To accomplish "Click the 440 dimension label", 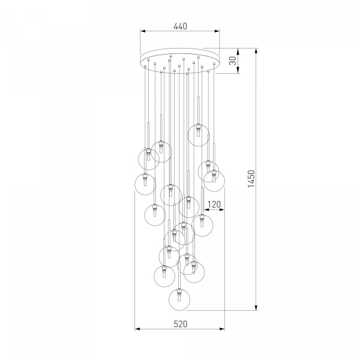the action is tap(180, 26).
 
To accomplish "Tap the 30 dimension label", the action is tap(233, 61).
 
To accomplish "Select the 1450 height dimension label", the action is tap(251, 179).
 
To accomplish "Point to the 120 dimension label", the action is tap(214, 204).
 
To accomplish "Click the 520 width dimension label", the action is tap(181, 324).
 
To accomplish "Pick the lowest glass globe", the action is tap(179, 299).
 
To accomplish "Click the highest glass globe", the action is tap(199, 135).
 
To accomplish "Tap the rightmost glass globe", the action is tap(214, 181).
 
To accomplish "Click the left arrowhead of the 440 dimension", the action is tap(143, 31).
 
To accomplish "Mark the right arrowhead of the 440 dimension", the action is tap(217, 31).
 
